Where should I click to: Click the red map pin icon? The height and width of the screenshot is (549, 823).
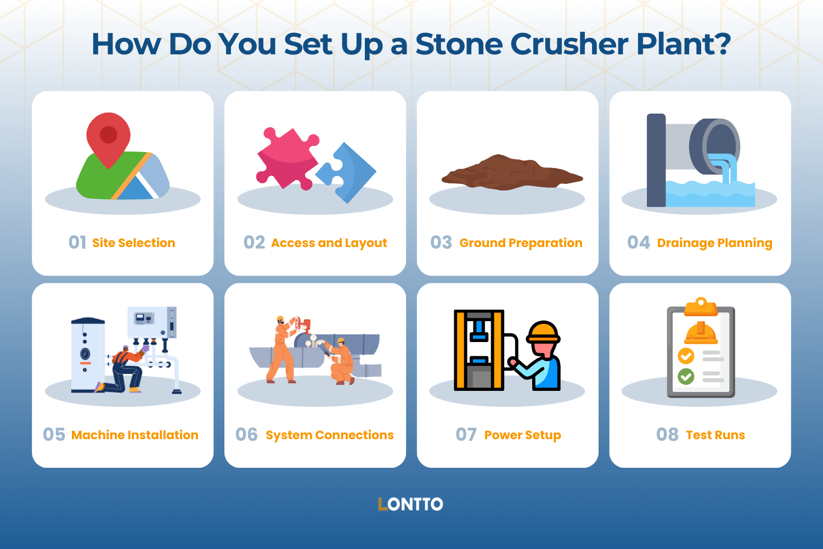109,137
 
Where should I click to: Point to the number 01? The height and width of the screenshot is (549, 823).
77,243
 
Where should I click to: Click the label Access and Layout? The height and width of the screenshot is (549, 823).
329,243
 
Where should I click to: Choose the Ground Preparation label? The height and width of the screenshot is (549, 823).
521,243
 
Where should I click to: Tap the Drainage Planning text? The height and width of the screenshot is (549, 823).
714,243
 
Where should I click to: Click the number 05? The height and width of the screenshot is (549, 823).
54,435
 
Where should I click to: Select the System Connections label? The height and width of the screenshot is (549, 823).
330,435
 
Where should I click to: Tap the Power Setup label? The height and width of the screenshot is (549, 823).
522,435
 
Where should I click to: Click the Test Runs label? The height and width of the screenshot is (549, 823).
715,435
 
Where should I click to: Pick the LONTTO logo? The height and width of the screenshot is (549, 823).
410,504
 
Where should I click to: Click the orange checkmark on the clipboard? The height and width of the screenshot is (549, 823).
686,356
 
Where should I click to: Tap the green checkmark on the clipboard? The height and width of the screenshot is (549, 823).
686,377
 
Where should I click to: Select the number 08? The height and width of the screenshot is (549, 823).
667,435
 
